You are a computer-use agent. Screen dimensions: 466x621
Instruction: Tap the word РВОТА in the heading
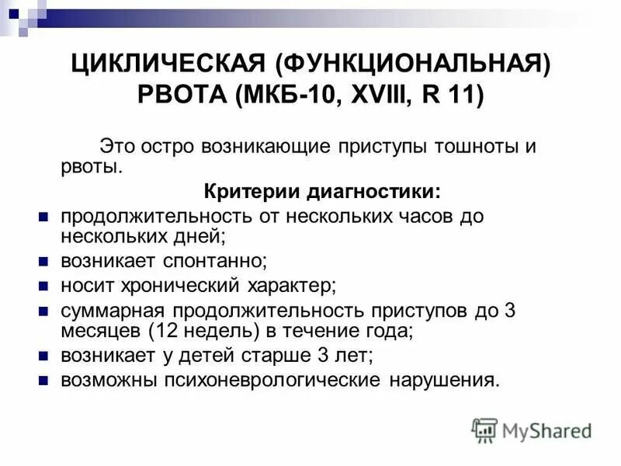pyautogui.click(x=185, y=97)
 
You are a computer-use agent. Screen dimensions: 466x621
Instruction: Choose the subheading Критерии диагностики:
pyautogui.click(x=321, y=191)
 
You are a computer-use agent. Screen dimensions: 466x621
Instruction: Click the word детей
pyautogui.click(x=218, y=356)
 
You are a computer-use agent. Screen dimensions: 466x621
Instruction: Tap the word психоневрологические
pyautogui.click(x=272, y=381)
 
